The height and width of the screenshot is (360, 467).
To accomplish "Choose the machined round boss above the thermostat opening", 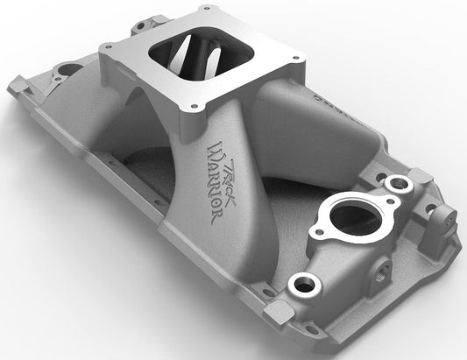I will pos(398,182).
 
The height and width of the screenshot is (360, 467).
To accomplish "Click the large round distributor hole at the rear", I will pos(66,67).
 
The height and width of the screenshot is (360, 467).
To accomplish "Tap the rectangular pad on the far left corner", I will pos(17,86).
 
